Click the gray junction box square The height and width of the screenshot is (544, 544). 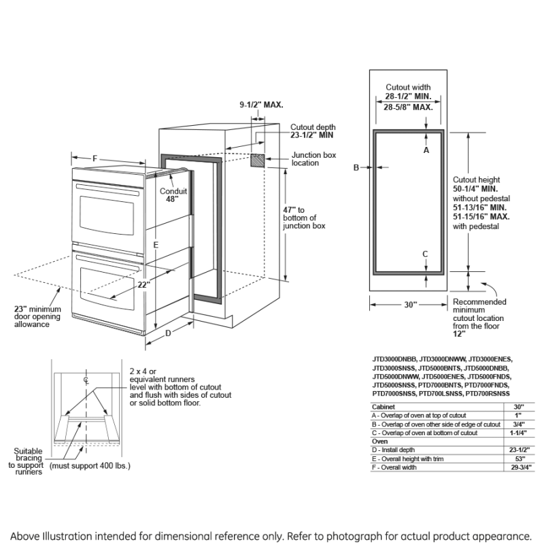258,160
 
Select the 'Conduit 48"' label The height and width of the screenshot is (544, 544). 173,196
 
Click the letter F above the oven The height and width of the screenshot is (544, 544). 95,158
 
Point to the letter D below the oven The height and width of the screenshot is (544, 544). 168,333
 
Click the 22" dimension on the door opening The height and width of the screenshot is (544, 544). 143,285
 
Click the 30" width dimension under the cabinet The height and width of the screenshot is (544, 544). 410,305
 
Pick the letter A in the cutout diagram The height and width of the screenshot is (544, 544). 426,150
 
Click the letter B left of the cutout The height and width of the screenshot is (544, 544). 356,167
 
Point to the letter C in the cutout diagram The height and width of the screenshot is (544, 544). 426,254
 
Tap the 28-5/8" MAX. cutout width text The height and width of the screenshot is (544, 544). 408,107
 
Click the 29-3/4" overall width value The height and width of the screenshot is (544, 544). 518,469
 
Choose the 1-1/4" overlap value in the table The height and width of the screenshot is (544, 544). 518,433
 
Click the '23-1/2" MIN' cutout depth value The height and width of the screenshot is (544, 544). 312,136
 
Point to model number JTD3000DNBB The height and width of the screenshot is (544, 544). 394,359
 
